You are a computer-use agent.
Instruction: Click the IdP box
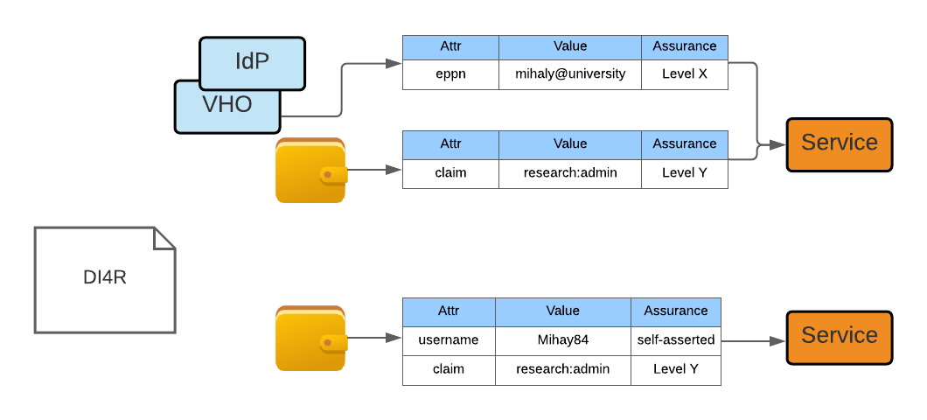[x=253, y=63]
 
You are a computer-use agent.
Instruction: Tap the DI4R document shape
[x=105, y=280]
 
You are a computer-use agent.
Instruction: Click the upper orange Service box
[x=839, y=145]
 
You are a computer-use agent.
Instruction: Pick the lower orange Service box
[x=839, y=338]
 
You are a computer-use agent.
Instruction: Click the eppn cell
[x=450, y=74]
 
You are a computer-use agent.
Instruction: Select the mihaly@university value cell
[x=570, y=74]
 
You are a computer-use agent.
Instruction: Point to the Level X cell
[x=685, y=74]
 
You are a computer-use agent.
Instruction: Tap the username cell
[x=449, y=340]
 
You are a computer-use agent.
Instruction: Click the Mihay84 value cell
[x=563, y=340]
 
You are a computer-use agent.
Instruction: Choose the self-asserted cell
[x=676, y=340]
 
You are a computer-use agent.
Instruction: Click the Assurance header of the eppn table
[x=685, y=47]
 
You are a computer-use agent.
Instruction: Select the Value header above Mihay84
[x=563, y=311]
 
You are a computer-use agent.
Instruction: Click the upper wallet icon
[x=311, y=171]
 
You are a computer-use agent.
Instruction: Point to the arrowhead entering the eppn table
[x=394, y=63]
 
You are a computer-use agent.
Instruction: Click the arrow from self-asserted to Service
[x=753, y=341]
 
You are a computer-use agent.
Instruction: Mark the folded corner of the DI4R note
[x=164, y=238]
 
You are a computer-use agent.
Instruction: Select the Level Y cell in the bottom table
[x=676, y=370]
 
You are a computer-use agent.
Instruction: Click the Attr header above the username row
[x=449, y=311]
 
